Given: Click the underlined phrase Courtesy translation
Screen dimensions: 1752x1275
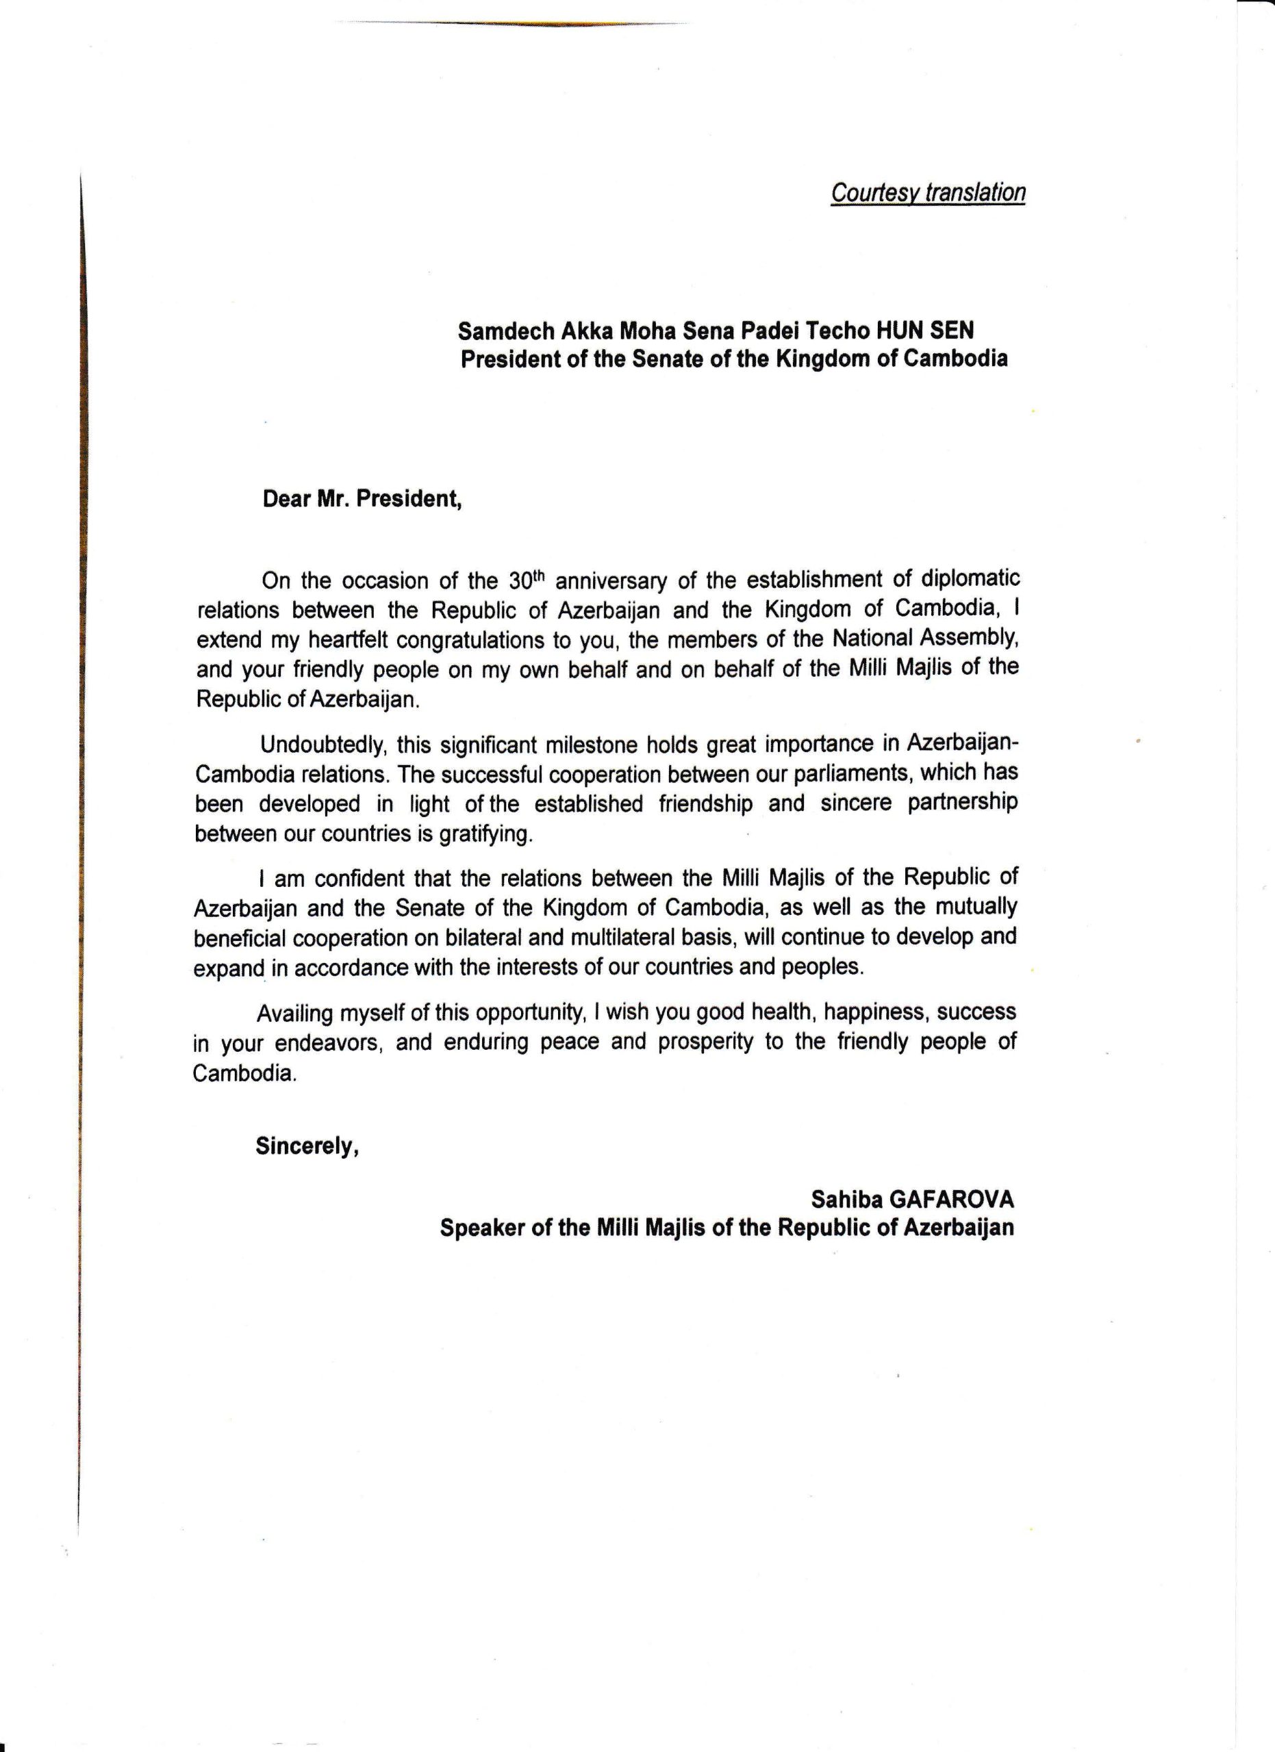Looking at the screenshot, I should point(927,192).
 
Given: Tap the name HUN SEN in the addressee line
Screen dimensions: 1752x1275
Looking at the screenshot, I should point(924,331).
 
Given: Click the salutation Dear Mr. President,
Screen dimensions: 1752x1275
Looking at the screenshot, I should point(362,499).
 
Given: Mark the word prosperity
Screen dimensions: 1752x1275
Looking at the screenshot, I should point(705,1043).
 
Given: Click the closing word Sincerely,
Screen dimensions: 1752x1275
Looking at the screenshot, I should point(307,1147).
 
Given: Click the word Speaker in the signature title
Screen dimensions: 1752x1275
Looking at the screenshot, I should point(482,1228).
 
